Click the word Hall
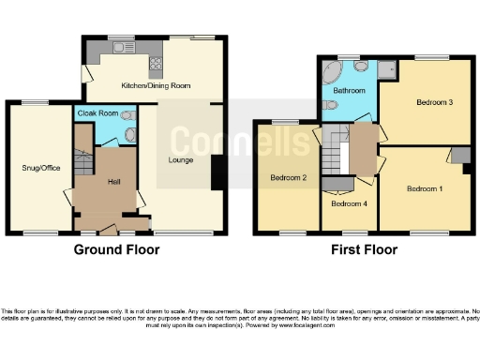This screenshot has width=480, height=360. tap(113, 181)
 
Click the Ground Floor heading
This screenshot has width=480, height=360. tap(117, 250)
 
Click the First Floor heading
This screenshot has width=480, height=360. tap(364, 250)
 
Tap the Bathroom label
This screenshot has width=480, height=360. tap(349, 90)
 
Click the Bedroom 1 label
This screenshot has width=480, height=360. tap(425, 188)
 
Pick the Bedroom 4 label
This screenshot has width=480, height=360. tap(348, 202)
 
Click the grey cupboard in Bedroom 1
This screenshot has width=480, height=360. tap(458, 156)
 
